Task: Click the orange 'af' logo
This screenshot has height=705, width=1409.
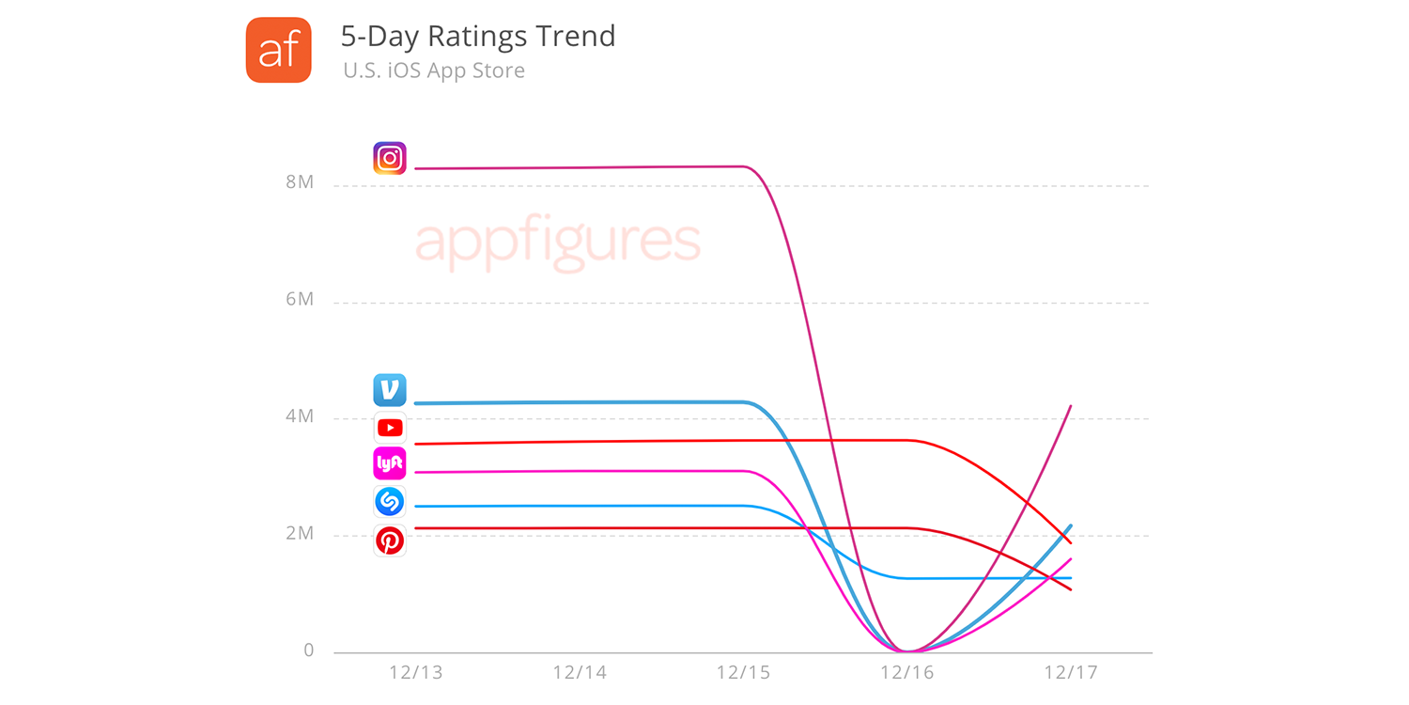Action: click(x=278, y=50)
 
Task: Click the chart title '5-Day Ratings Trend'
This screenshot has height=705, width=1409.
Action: click(x=477, y=37)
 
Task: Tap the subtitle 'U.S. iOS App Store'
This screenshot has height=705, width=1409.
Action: click(x=434, y=70)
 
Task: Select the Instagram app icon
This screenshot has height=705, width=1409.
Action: click(x=390, y=158)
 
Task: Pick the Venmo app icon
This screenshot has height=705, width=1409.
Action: click(x=390, y=389)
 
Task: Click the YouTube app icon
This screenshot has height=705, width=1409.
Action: click(x=390, y=429)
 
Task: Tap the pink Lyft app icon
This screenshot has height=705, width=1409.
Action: click(x=390, y=463)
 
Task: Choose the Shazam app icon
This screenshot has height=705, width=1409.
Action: click(x=390, y=502)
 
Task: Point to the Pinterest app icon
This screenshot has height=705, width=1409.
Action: click(x=390, y=540)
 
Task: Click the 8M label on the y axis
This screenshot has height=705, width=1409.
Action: click(x=300, y=182)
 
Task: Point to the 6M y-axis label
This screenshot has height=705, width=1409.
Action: click(x=300, y=299)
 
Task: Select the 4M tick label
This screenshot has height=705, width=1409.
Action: click(x=300, y=416)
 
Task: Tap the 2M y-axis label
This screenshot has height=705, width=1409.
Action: click(x=300, y=533)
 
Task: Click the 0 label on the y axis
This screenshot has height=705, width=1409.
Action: click(x=308, y=650)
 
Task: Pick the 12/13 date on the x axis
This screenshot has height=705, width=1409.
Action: click(x=416, y=673)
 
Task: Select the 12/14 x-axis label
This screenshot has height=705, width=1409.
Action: click(x=580, y=673)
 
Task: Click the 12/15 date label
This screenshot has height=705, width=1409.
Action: click(x=743, y=673)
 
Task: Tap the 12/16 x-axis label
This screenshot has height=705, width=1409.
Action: click(x=906, y=673)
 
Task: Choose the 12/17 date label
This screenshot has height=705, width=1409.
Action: click(x=1070, y=673)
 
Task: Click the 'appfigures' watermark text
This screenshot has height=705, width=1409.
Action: click(x=557, y=243)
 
